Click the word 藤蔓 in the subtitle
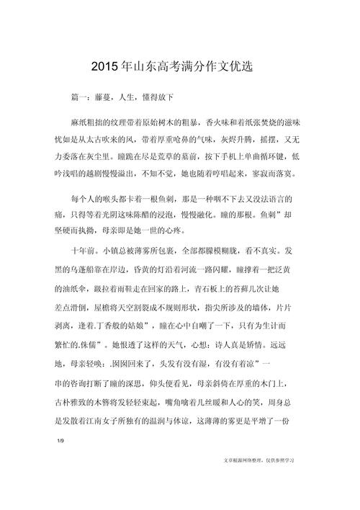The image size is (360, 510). tap(95, 97)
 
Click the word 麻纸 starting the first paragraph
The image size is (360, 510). tap(78, 125)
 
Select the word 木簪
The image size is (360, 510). tap(104, 399)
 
